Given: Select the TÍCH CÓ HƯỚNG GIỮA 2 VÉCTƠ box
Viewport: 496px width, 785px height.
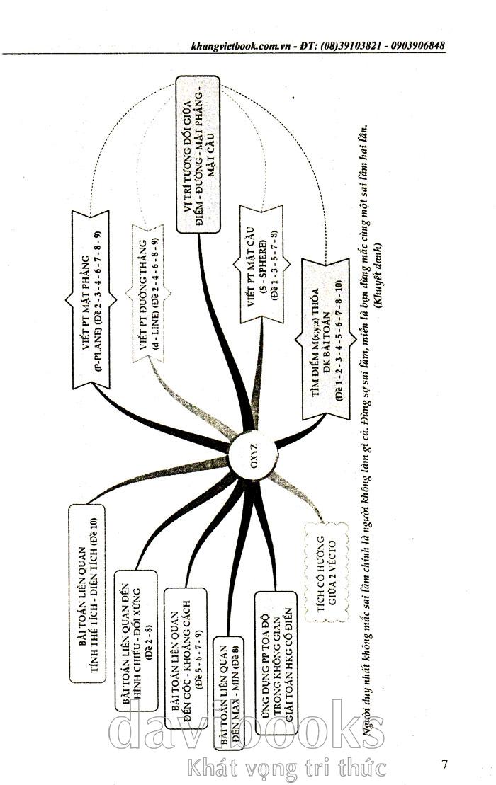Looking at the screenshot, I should [325, 571].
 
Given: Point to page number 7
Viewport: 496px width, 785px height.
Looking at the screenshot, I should [444, 763].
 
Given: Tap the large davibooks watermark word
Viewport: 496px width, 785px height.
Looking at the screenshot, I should [248, 729].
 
